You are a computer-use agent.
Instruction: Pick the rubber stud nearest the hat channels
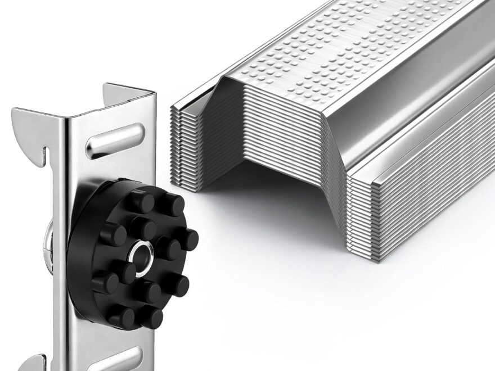click(x=184, y=239)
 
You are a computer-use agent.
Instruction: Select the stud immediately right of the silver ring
click(x=168, y=247)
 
